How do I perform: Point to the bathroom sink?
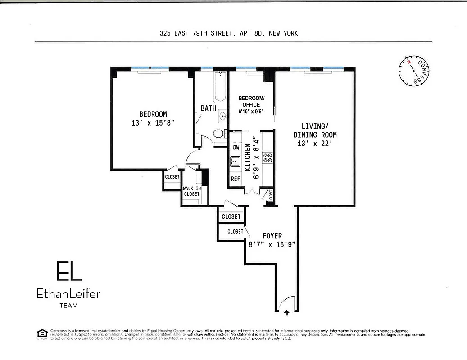[x=222, y=117]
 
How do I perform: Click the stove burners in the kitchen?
[x=268, y=158]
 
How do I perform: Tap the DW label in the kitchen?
[x=236, y=148]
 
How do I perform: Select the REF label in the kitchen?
[x=236, y=179]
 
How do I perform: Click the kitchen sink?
[x=235, y=162]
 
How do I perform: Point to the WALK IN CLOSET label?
[x=191, y=191]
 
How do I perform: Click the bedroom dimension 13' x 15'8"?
[x=153, y=123]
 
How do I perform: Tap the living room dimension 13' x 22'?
[x=315, y=144]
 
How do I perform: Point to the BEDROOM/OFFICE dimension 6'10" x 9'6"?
[x=251, y=111]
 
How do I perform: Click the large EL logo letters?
[x=68, y=271]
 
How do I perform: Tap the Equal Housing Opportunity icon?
[x=42, y=333]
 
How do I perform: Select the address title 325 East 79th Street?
[x=228, y=33]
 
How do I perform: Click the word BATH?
[x=209, y=108]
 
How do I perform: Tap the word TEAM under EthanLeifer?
[x=68, y=306]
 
